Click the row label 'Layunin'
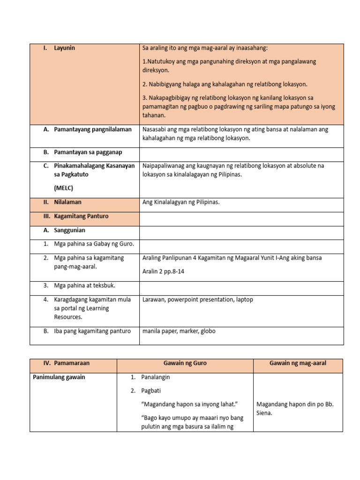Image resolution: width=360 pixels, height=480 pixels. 64,48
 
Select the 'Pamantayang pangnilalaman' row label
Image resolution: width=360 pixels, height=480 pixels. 93,129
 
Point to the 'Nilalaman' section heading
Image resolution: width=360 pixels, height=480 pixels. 67,202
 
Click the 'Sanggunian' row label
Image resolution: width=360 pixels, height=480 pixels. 69,230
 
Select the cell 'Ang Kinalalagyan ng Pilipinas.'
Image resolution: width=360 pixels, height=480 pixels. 181,202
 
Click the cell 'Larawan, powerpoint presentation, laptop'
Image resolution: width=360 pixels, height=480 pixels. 197,299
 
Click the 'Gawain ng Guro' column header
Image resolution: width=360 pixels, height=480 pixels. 185,363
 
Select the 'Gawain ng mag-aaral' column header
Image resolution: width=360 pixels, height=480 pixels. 298,363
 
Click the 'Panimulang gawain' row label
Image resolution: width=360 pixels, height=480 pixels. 59,377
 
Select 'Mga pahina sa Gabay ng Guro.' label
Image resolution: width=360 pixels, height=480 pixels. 94,244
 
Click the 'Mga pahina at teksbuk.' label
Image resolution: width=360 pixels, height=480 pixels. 85,285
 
